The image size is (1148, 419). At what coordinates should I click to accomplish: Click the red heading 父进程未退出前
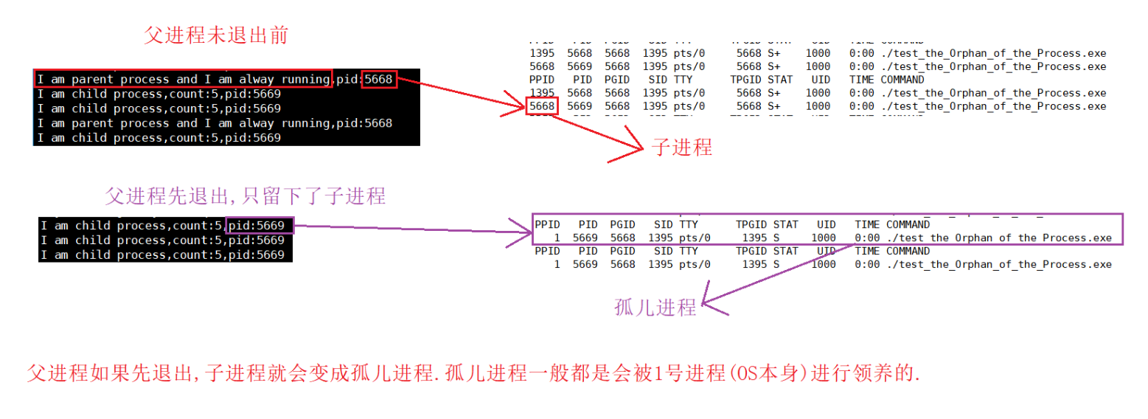click(215, 35)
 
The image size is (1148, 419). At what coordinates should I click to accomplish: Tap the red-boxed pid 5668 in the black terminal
click(379, 79)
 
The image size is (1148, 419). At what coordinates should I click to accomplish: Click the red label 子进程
click(681, 147)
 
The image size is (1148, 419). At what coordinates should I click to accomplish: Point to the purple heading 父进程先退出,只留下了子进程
click(245, 196)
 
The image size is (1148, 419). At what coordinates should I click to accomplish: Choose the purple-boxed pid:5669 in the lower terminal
click(260, 225)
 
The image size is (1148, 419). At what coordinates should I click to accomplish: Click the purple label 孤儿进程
click(655, 308)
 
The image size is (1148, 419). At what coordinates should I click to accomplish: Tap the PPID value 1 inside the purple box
click(557, 238)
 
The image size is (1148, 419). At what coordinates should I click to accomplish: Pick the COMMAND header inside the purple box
click(908, 224)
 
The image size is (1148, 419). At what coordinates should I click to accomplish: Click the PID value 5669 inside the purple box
click(585, 238)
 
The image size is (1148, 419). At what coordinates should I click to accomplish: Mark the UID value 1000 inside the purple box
click(824, 238)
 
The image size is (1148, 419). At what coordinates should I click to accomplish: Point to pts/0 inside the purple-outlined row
click(695, 238)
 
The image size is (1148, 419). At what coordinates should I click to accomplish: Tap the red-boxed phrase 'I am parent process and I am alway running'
click(182, 79)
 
